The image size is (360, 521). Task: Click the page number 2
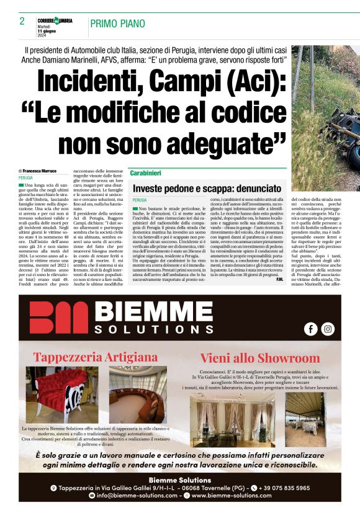tap(22, 21)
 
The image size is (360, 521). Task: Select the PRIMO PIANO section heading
tap(118, 24)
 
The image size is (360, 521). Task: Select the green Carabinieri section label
tap(146, 173)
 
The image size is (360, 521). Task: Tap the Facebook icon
tap(310, 329)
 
